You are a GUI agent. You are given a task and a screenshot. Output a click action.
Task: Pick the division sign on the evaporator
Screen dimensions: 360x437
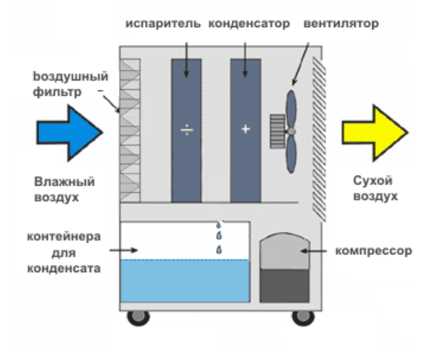[x=186, y=129]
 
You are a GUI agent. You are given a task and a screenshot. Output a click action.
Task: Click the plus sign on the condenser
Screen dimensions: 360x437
[x=245, y=129]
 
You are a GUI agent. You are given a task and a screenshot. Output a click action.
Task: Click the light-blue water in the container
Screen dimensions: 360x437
[x=184, y=281]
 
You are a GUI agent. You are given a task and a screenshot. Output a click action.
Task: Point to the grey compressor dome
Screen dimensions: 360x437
[x=285, y=251]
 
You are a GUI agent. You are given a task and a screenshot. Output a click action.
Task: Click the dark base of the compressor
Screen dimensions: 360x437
[x=285, y=285]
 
